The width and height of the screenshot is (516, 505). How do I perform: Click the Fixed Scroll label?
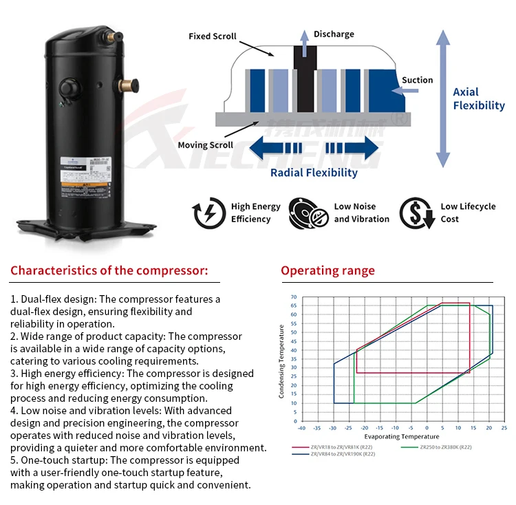click(x=213, y=36)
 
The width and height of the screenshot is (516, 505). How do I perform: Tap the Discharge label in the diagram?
click(x=334, y=34)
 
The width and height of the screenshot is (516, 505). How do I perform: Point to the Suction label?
click(x=417, y=80)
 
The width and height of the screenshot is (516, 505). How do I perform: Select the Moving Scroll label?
click(x=205, y=145)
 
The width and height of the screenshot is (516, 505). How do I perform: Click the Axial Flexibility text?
click(x=478, y=98)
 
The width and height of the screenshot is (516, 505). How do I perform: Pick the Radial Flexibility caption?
click(x=314, y=173)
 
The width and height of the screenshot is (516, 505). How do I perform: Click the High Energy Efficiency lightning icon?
click(x=209, y=213)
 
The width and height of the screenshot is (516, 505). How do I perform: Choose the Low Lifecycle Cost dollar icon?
click(x=416, y=213)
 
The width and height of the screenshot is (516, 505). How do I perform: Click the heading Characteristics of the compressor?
click(x=109, y=270)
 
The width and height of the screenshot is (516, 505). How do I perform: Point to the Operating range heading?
click(x=327, y=270)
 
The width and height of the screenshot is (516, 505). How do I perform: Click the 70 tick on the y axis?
click(x=293, y=297)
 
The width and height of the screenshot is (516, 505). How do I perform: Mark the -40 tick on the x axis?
click(x=301, y=428)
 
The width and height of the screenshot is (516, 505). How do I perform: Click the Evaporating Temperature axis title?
click(x=402, y=436)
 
